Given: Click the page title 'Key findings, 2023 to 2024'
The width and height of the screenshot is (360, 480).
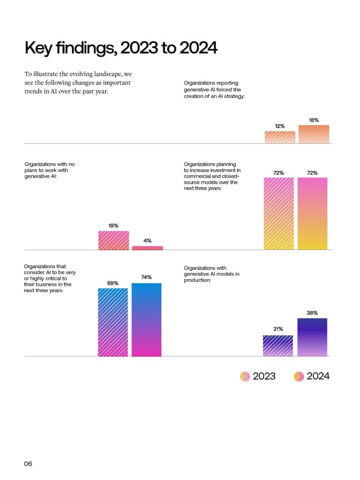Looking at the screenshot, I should [x=119, y=47].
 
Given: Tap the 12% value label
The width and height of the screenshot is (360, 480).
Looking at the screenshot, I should [x=280, y=125].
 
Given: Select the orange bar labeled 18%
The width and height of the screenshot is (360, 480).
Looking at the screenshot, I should [x=314, y=134].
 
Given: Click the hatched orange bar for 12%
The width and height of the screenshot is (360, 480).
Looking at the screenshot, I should [x=280, y=137].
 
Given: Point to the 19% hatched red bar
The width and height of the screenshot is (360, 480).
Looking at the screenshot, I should [x=113, y=240].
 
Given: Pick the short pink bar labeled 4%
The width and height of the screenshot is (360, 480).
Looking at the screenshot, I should [x=147, y=247].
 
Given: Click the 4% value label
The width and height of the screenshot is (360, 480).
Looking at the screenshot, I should [x=147, y=241].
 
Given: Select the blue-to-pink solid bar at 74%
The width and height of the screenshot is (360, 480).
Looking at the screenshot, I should [x=146, y=319].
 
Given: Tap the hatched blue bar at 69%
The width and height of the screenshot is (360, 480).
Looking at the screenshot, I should [x=113, y=322].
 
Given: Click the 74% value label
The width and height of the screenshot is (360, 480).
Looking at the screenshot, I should [x=146, y=277].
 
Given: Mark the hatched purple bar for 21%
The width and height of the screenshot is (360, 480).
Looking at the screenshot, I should [x=278, y=346].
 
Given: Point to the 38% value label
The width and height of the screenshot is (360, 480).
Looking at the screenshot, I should [x=313, y=313].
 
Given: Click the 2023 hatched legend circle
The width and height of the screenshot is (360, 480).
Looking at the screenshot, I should [x=245, y=376].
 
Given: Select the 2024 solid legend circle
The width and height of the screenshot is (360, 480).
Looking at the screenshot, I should [x=299, y=376].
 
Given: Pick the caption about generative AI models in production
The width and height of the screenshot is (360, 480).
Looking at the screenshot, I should [x=212, y=274].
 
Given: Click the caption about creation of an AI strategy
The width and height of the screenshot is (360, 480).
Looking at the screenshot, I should [x=214, y=90].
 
